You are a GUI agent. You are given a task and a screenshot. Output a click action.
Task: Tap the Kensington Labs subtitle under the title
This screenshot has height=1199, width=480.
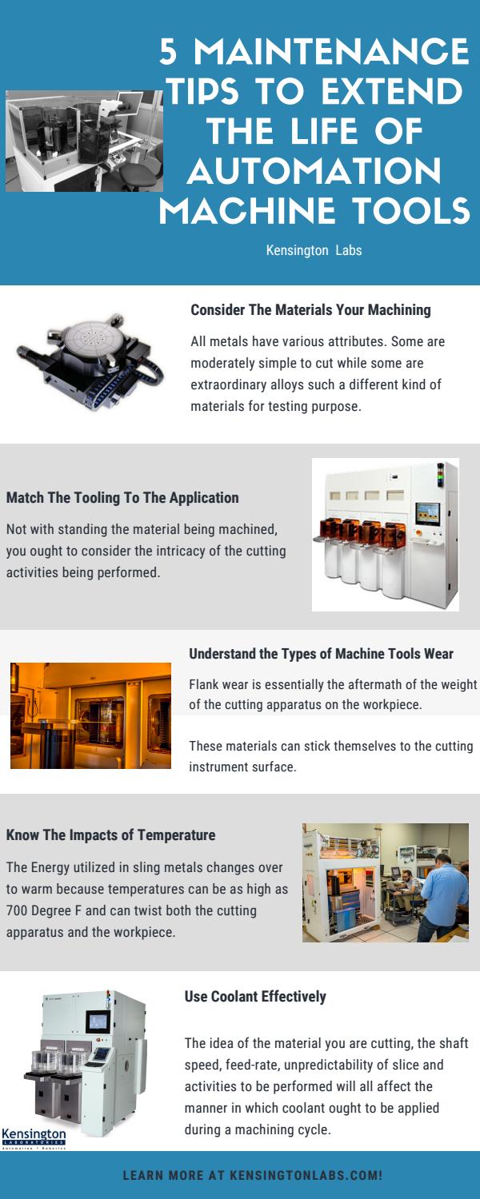pyautogui.click(x=314, y=250)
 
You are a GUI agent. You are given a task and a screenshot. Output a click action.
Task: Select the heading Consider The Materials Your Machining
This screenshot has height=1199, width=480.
pyautogui.click(x=310, y=309)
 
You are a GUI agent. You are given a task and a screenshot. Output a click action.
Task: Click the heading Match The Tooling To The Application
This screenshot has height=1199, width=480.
pyautogui.click(x=122, y=498)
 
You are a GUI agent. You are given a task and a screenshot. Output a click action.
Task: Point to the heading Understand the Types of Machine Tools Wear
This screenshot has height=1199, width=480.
pyautogui.click(x=321, y=654)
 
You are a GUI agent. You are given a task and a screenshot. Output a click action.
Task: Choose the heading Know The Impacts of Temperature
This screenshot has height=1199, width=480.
pyautogui.click(x=110, y=835)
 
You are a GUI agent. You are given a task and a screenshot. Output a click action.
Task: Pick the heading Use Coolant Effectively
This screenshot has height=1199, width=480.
pyautogui.click(x=255, y=996)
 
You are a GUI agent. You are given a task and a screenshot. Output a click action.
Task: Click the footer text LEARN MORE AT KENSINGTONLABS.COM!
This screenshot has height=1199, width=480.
pyautogui.click(x=253, y=1176)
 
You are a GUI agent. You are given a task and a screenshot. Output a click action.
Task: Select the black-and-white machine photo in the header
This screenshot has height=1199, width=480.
pyautogui.click(x=84, y=141)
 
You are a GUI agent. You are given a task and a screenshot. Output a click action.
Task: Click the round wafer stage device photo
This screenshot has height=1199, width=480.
pyautogui.click(x=90, y=362)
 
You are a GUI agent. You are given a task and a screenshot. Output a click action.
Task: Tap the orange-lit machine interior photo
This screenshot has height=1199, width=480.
pyautogui.click(x=90, y=715)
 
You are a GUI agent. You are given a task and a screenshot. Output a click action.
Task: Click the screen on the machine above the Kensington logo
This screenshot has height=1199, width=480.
pyautogui.click(x=98, y=1022)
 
